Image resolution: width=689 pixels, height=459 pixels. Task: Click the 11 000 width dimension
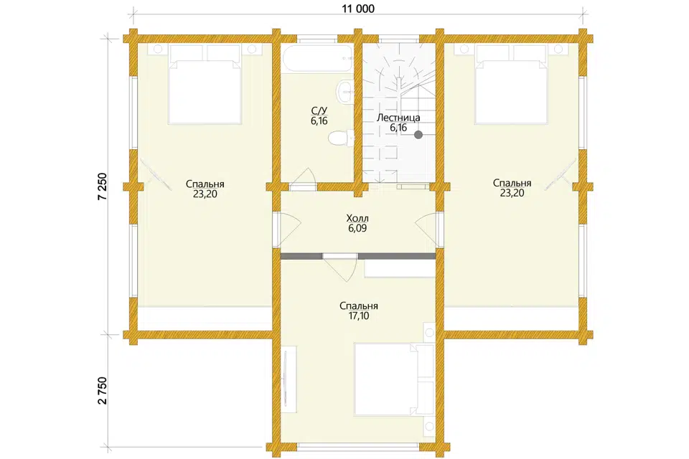pyautogui.click(x=358, y=8)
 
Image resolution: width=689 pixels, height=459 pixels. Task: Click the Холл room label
pyautogui.click(x=357, y=218)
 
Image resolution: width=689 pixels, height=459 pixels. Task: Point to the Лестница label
pyautogui.click(x=398, y=118)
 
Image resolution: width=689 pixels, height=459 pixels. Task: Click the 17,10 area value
pyautogui.click(x=359, y=316)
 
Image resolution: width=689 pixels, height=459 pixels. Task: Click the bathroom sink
pyautogui.click(x=344, y=93)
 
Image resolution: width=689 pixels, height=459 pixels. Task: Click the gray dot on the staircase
pyautogui.click(x=418, y=135)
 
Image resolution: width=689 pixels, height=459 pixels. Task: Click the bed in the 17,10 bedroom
pyautogui.click(x=394, y=379)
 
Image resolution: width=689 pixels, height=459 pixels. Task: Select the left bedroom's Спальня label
pyautogui.click(x=205, y=184)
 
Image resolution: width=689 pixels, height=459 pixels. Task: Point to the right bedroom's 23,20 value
pyautogui.click(x=512, y=193)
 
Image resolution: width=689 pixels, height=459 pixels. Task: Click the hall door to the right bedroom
pyautogui.click(x=427, y=228)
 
